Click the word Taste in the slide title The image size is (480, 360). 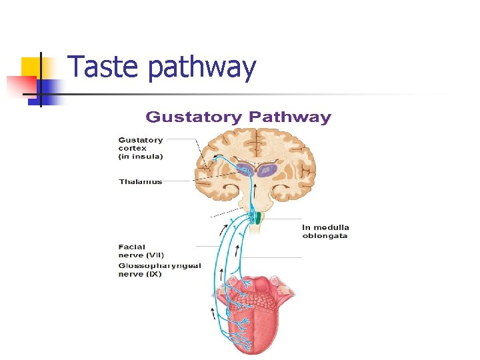[104, 67]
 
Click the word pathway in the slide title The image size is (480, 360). [202, 69]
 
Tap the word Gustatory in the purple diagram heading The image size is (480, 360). [194, 118]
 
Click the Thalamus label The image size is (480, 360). [141, 181]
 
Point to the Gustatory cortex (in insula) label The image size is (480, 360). [141, 148]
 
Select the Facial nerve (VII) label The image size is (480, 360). [141, 251]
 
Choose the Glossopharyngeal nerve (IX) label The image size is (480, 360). [159, 269]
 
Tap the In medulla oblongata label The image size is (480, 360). [325, 231]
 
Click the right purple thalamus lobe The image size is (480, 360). [267, 171]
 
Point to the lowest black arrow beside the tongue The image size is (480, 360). [213, 312]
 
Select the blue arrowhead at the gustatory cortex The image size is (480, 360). [217, 157]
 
